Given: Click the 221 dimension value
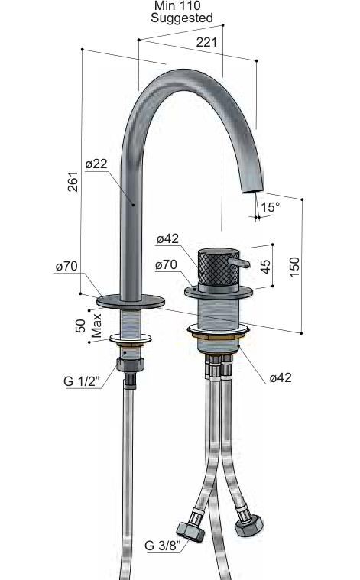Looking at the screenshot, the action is point(206,42).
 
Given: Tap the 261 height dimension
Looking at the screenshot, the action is point(73,181).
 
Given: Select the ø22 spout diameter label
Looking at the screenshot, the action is point(96,164).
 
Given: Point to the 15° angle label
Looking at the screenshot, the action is point(270,207).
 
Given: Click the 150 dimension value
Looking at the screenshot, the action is point(294,267).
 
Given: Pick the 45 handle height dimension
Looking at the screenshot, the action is point(265,267).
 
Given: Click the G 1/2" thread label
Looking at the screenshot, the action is point(82,381).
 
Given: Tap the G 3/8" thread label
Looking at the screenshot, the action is point(163,545).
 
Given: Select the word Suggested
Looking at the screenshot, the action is point(182,18).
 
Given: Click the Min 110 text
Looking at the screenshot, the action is point(177,5).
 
